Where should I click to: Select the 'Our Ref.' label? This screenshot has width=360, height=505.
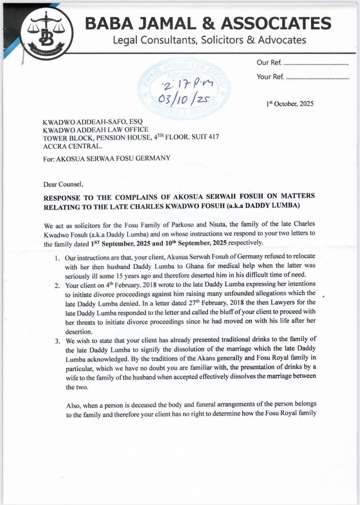coord(269,63)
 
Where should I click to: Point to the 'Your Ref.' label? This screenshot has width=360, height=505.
coord(270,77)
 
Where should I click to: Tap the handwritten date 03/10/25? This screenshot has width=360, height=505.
coord(185,99)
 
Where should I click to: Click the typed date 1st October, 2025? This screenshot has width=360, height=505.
coord(290,103)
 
